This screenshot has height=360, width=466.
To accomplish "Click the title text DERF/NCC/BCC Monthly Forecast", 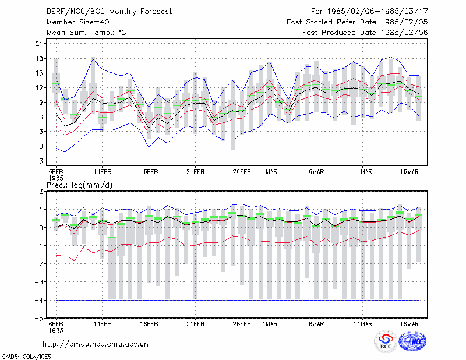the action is point(109,12).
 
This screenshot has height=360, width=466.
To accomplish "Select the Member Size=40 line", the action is point(78,22).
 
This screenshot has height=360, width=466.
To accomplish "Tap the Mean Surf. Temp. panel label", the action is point(86,33).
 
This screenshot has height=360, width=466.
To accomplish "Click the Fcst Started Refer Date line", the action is point(357,22).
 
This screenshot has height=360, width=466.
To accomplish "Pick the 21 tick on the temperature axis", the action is point(39,44).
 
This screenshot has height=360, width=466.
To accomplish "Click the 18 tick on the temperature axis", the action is point(39,58).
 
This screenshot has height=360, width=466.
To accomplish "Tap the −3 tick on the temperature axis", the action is point(38,161).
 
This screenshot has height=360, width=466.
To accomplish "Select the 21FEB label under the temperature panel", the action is point(195,172).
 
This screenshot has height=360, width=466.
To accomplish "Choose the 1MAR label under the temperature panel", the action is point(270,172).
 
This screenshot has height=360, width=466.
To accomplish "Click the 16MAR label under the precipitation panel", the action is point(409,324).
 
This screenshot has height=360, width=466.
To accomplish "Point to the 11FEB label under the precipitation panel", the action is point(103,324).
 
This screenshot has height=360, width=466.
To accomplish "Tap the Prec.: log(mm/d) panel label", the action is point(79,185).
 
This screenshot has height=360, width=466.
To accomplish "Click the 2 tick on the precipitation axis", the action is point(41,192).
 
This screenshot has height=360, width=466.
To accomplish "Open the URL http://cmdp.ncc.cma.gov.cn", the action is point(96,344).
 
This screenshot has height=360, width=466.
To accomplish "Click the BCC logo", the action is point(386,341).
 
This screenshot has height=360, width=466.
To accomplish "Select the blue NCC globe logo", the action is point(412,341).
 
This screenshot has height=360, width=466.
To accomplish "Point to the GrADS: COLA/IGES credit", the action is point(27,357).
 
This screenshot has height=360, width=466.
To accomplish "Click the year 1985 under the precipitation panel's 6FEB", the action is point(56,330).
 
